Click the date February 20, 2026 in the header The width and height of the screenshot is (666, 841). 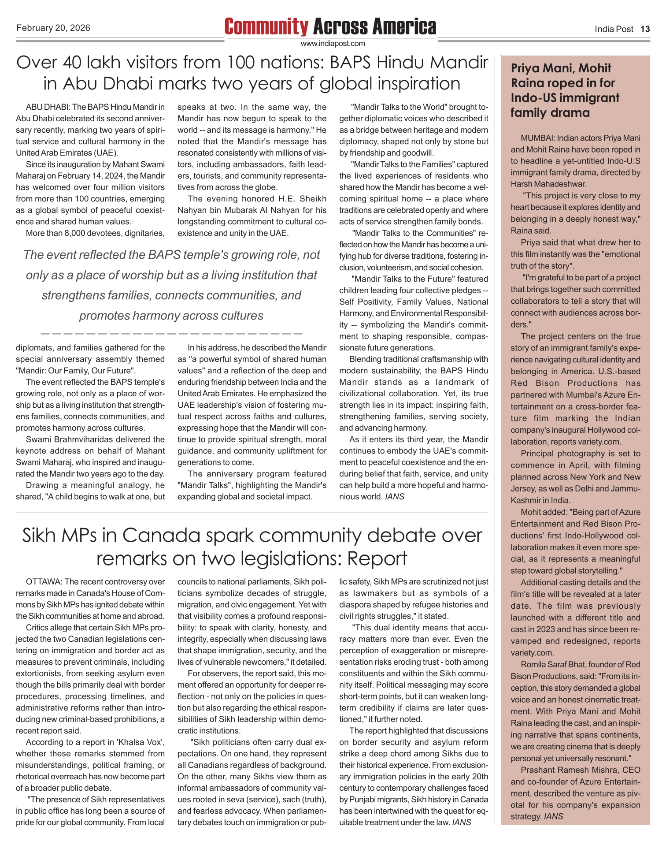click(x=53, y=28)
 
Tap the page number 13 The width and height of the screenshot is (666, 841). click(x=645, y=29)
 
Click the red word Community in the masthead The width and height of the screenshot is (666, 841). click(x=266, y=27)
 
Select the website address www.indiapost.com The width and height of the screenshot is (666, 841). click(x=333, y=43)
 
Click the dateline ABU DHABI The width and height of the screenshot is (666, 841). click(x=48, y=107)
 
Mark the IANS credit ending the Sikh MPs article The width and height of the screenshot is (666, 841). click(x=462, y=822)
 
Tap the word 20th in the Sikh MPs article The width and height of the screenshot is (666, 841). click(x=480, y=776)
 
